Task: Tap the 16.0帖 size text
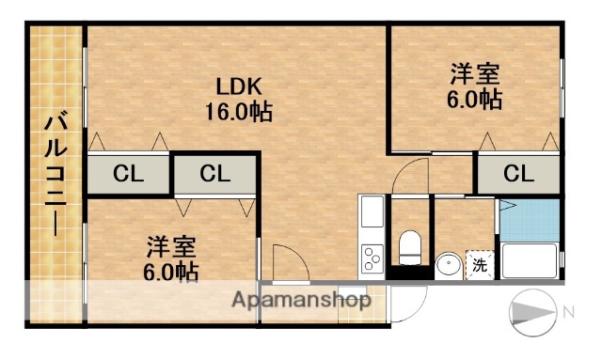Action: pyautogui.click(x=238, y=112)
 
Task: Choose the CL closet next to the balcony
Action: pyautogui.click(x=129, y=173)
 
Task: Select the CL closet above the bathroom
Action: pyautogui.click(x=517, y=173)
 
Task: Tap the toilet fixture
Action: pyautogui.click(x=410, y=247)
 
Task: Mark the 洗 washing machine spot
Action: pyautogui.click(x=479, y=264)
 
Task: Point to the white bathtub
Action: pyautogui.click(x=531, y=259)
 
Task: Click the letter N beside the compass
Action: pyautogui.click(x=567, y=311)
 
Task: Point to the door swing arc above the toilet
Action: pyautogui.click(x=411, y=175)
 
